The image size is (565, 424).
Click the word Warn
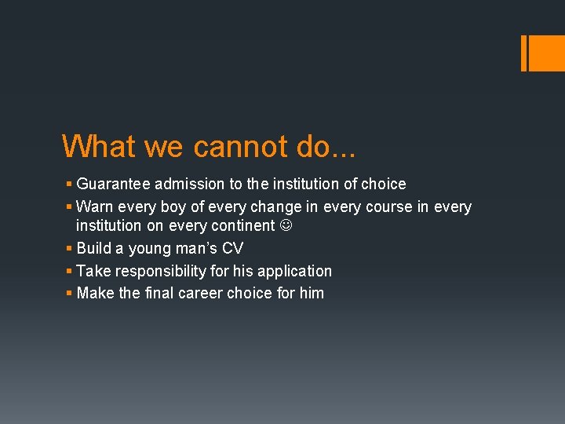point(94,207)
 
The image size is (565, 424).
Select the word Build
point(93,249)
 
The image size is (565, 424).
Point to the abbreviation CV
point(233,249)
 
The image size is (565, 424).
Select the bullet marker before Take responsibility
point(69,272)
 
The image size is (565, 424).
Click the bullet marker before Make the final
point(69,294)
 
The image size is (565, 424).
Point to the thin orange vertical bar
point(523,53)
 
